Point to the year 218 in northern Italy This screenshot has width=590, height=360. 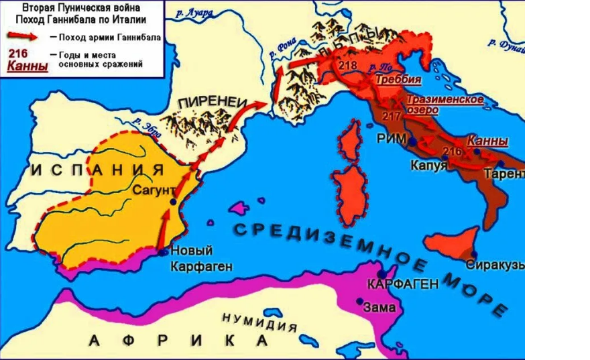pos(348,66)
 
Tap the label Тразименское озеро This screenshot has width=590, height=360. pos(442,105)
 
